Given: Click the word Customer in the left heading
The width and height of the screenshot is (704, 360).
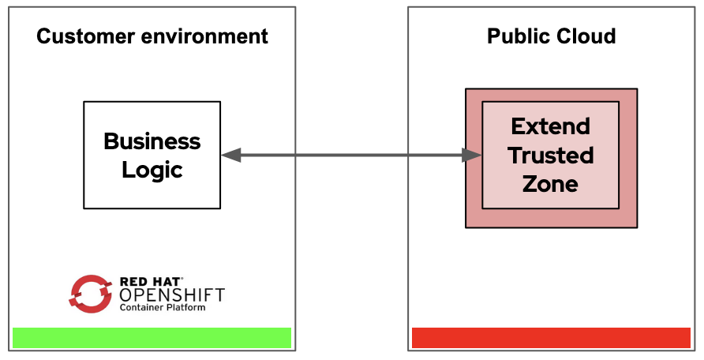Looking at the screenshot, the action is [x=86, y=36].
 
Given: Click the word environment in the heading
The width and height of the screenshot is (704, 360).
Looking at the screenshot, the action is [x=204, y=36].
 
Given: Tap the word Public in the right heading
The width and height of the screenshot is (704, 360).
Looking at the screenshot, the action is [x=516, y=36].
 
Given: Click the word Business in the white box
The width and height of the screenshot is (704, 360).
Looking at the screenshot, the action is [x=152, y=141].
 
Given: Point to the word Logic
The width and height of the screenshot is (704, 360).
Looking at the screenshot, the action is [x=152, y=170].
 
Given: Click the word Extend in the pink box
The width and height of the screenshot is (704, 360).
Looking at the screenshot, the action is [x=550, y=126].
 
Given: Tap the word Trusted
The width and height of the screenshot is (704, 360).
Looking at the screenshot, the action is [x=551, y=156].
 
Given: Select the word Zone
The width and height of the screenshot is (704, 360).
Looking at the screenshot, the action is [x=550, y=184].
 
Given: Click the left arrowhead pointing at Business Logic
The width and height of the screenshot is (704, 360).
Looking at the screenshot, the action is [x=231, y=156].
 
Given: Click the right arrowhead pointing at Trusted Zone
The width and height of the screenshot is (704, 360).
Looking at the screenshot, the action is [x=472, y=156].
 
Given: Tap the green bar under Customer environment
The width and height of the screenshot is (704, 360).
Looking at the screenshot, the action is [x=152, y=338].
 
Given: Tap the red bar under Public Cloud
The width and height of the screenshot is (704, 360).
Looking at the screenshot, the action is [x=551, y=338].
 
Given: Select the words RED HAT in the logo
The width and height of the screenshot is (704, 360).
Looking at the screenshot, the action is [x=150, y=282].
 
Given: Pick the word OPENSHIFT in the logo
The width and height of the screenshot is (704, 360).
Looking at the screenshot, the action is [x=172, y=295].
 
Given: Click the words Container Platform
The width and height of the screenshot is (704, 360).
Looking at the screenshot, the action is [x=163, y=307].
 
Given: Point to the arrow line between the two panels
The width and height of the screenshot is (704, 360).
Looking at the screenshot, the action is [x=351, y=156].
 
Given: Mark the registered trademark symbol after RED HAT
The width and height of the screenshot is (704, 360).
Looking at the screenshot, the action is [x=182, y=279].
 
